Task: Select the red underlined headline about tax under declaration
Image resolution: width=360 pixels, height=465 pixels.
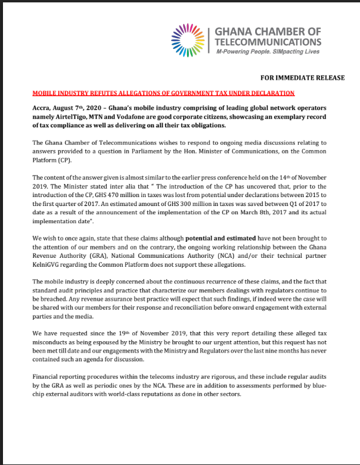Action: pyautogui.click(x=163, y=93)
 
